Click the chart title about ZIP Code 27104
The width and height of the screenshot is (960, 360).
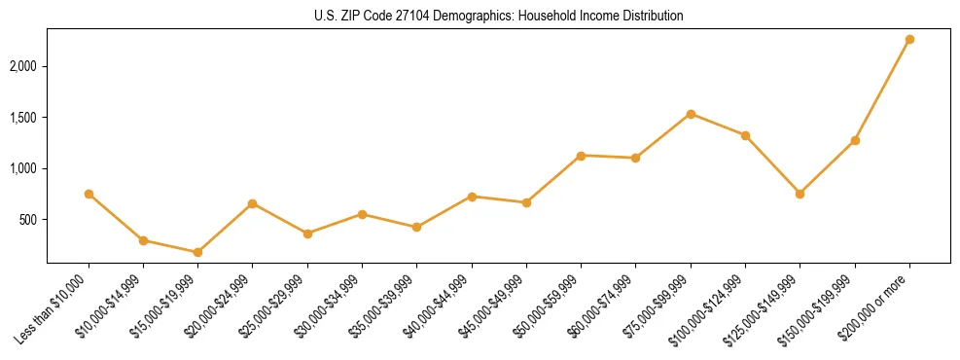(498, 17)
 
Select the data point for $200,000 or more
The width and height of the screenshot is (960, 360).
(909, 40)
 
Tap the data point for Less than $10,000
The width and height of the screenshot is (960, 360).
(89, 194)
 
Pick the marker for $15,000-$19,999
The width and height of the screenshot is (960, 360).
(197, 252)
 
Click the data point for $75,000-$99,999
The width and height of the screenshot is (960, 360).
(691, 114)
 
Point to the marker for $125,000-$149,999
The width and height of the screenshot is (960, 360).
(800, 194)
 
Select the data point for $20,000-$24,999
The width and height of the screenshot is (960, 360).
(252, 203)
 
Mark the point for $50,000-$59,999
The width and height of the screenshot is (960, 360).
(581, 156)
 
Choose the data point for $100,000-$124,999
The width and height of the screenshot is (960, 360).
(745, 135)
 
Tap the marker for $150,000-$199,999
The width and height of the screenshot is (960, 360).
(855, 140)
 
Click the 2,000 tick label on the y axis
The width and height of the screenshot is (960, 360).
(24, 66)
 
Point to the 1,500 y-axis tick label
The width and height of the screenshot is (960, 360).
(24, 118)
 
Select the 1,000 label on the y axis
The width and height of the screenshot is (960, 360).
(24, 168)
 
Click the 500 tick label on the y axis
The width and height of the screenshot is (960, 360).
(29, 220)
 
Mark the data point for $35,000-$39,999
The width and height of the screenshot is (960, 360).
(416, 227)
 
